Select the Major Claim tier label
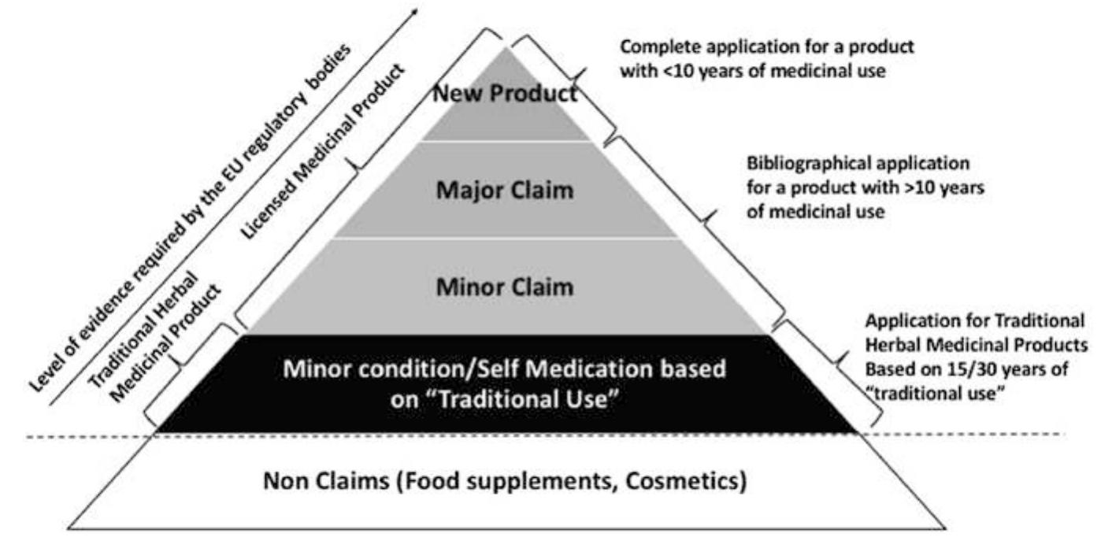[x=505, y=191]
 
